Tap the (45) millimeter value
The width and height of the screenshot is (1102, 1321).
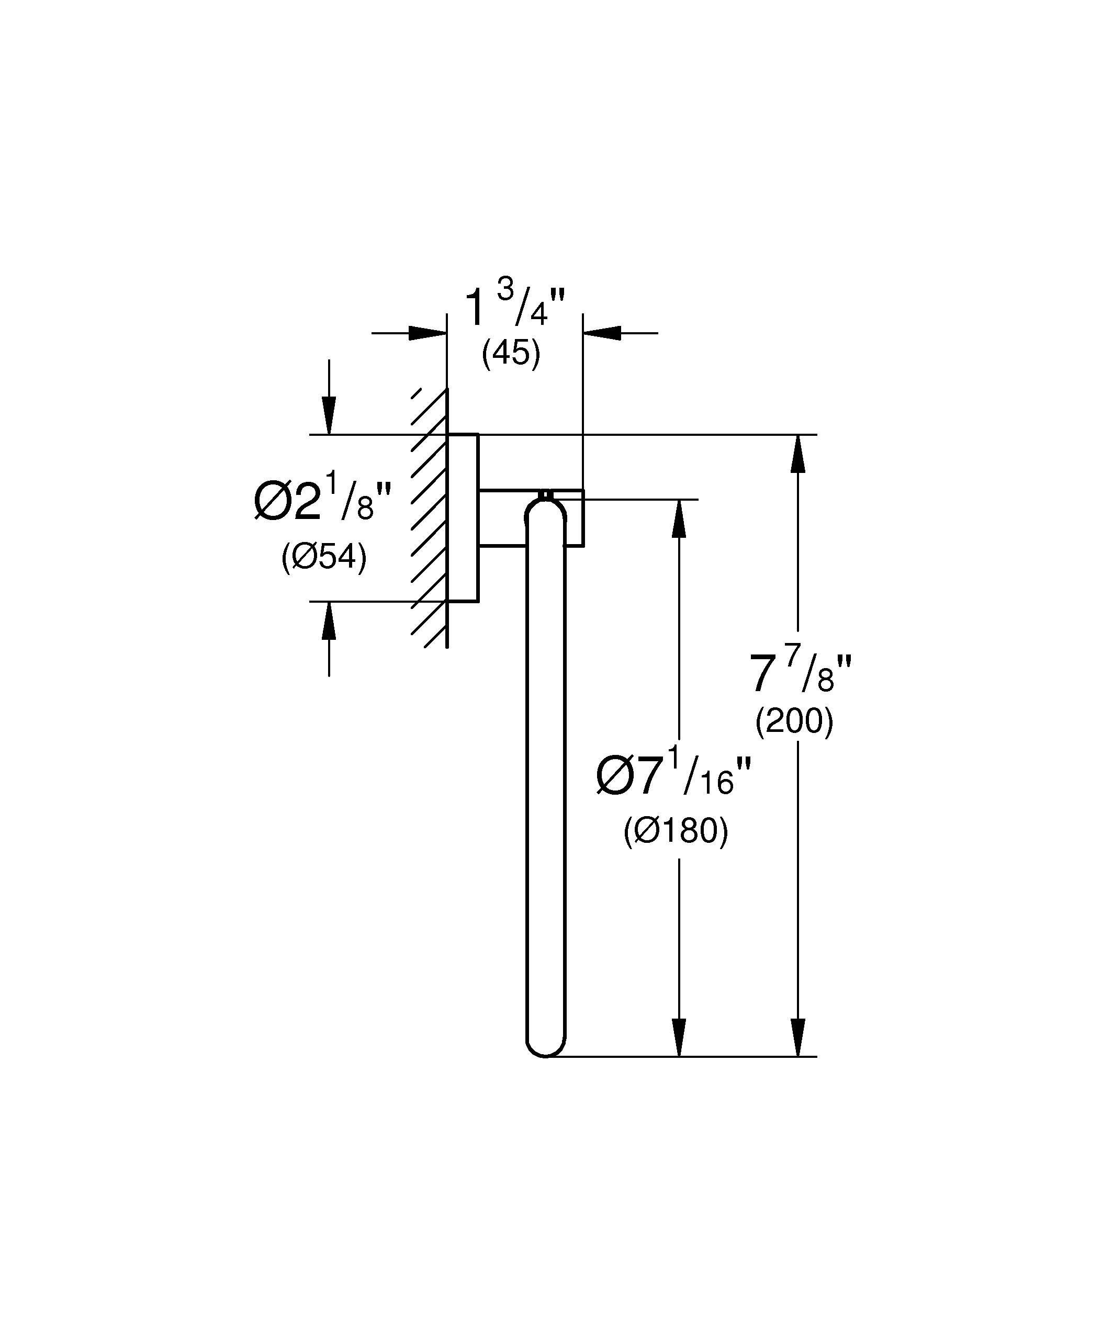point(511,354)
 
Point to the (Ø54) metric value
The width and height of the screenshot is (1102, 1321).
point(324,557)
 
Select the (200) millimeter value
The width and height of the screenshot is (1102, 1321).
point(794,721)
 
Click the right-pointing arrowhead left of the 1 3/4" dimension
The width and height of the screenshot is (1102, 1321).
point(428,333)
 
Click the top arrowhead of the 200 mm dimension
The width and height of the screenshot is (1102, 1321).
point(797,453)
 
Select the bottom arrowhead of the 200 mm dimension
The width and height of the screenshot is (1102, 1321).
point(797,1038)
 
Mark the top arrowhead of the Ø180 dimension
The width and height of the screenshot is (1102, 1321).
point(678,518)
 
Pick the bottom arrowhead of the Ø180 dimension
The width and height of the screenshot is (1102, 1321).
point(678,1038)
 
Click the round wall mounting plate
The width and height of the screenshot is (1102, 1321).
point(463,517)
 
